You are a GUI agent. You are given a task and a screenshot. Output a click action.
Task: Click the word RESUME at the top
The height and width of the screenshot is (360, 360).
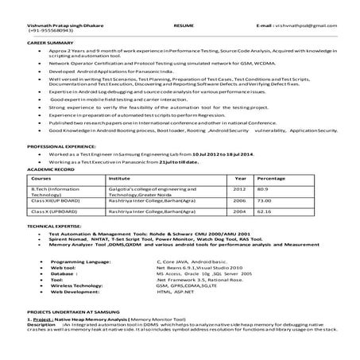[x=184, y=26]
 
